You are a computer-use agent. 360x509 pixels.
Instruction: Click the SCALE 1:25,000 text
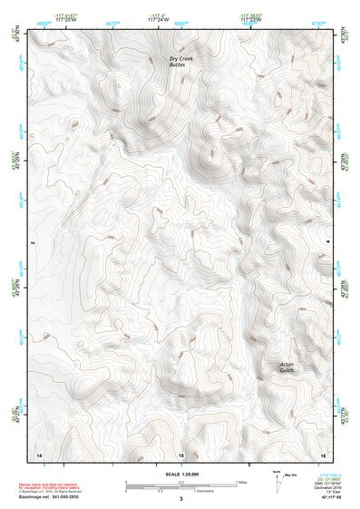[x=180, y=474]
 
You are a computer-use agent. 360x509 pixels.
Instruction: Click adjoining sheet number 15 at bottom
[x=181, y=454]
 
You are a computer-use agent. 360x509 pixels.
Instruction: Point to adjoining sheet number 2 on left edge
[x=33, y=243]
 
